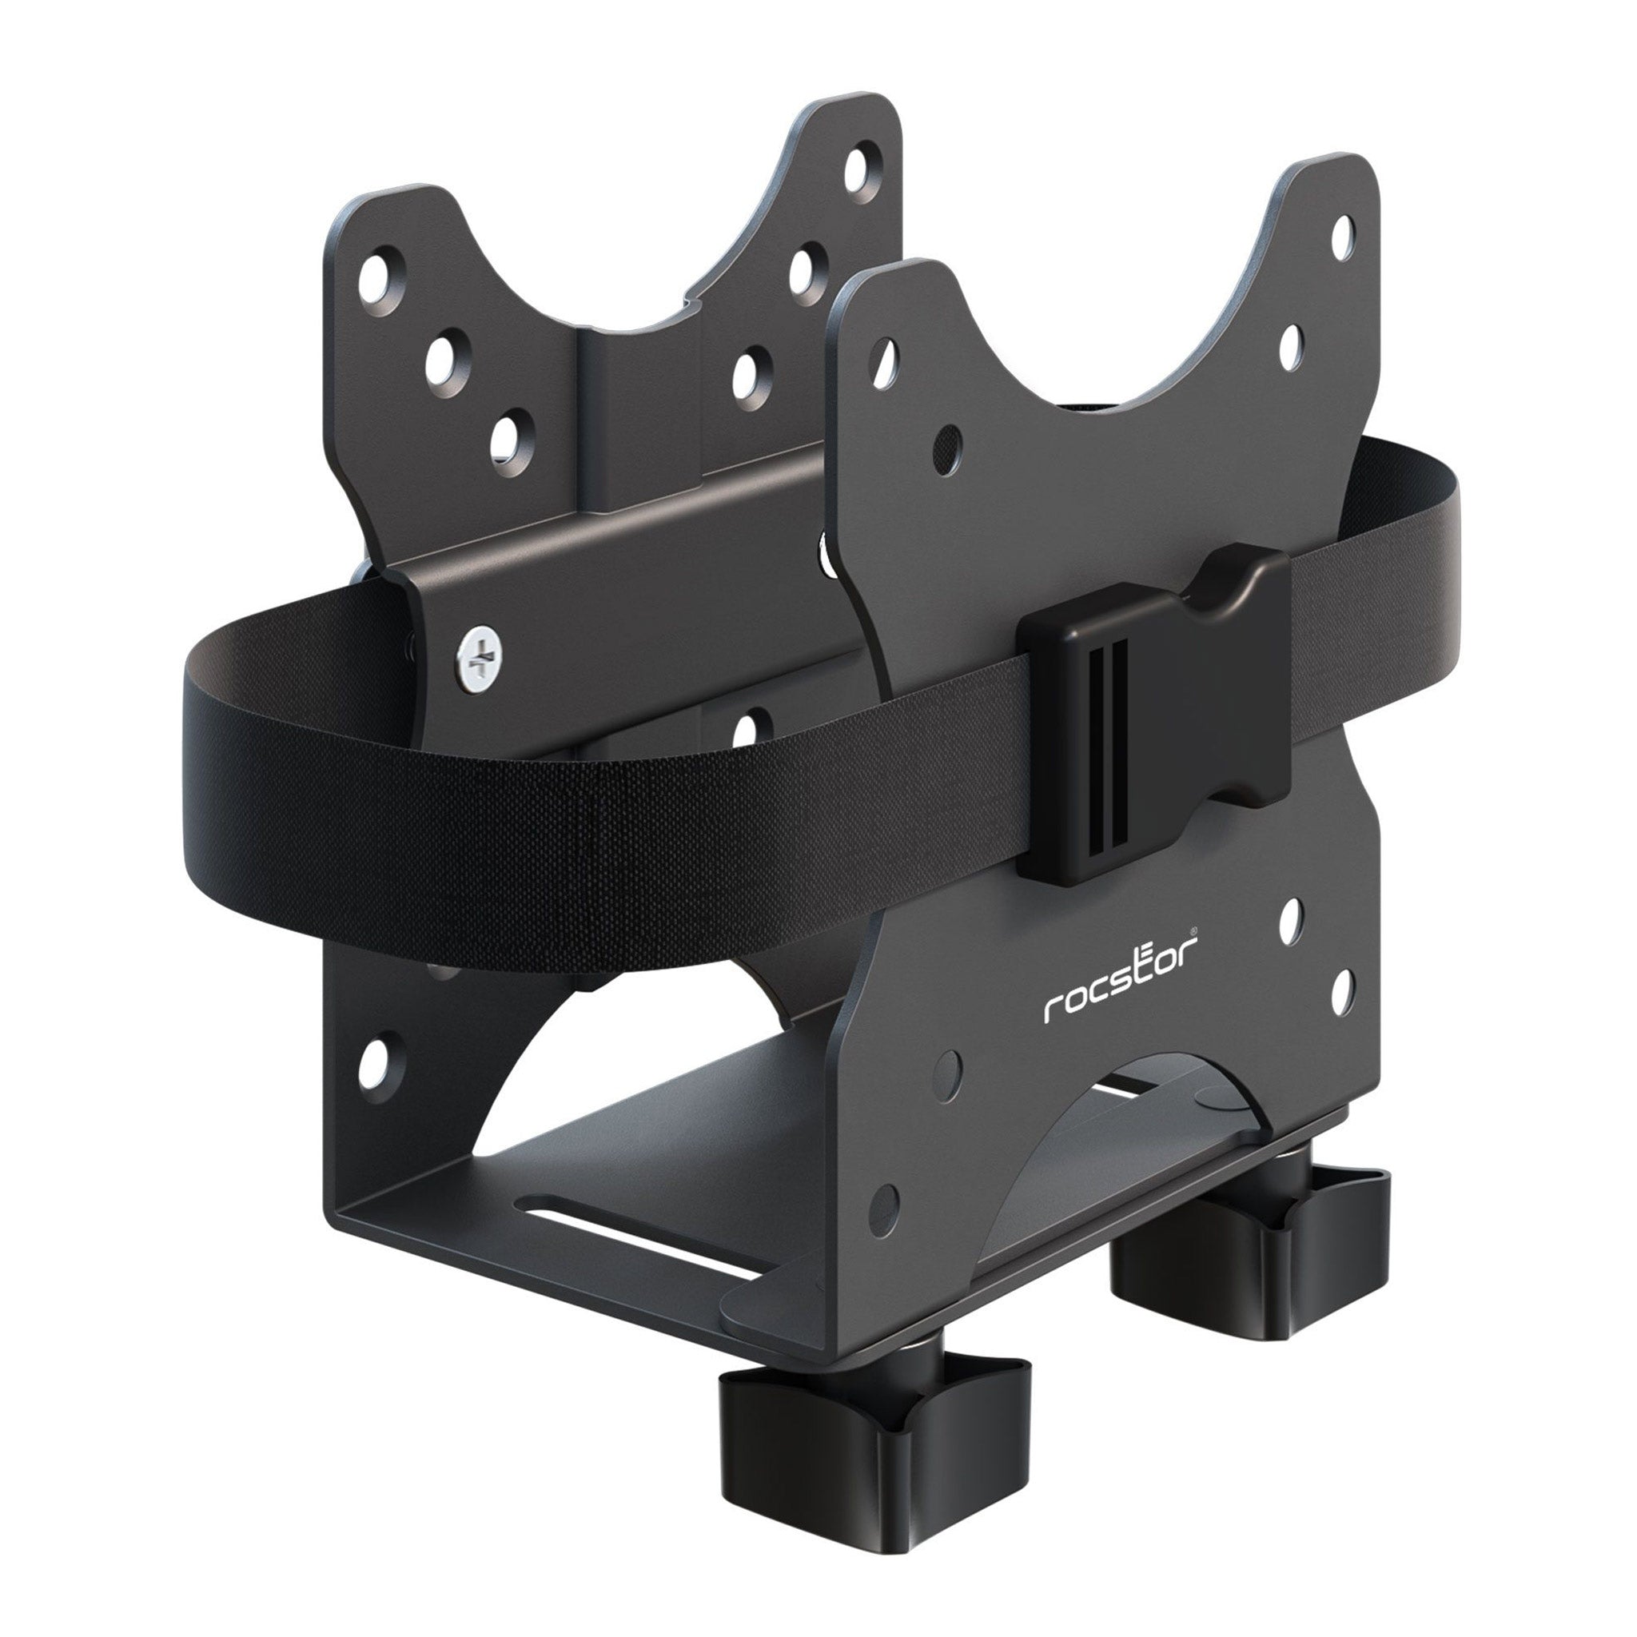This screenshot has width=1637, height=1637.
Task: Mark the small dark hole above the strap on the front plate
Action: pyautogui.click(x=950, y=440)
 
